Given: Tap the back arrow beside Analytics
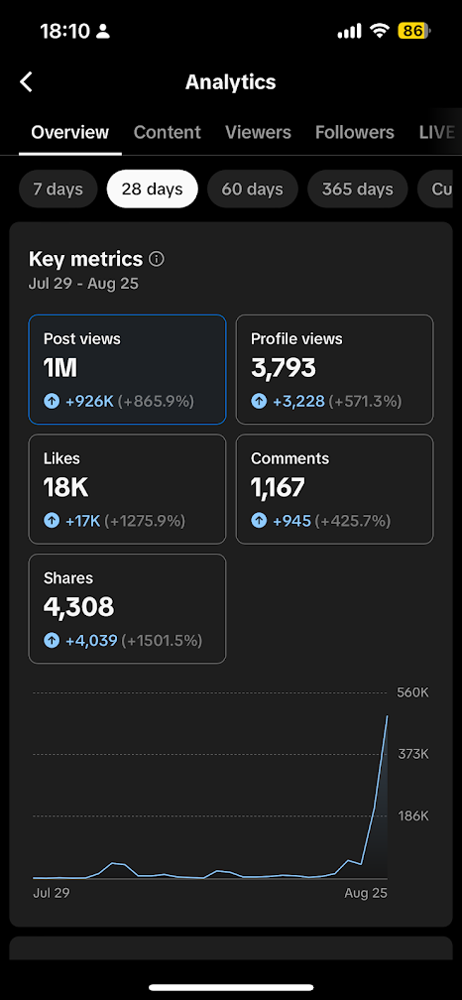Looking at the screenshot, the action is click(x=26, y=82).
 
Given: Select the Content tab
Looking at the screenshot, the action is click(x=167, y=132).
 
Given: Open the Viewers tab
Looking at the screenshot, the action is click(x=258, y=132).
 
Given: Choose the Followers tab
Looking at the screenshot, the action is click(x=354, y=132).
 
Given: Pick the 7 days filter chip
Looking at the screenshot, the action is click(x=58, y=189).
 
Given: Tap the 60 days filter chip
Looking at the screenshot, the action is click(x=253, y=189).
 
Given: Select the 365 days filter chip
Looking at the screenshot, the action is click(x=358, y=189).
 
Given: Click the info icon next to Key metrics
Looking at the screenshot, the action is click(x=156, y=259).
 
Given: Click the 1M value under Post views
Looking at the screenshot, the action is click(x=61, y=369).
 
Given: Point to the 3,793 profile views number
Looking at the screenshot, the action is click(x=284, y=369).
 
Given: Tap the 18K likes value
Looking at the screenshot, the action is click(x=65, y=488).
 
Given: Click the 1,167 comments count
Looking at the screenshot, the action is click(x=278, y=488).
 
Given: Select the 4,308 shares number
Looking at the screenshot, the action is click(x=78, y=607).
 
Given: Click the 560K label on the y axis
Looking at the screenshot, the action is click(x=413, y=692).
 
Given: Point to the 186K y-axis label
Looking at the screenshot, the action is click(x=413, y=815).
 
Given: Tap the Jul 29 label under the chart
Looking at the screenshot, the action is click(x=51, y=893).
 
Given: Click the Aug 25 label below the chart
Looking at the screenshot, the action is click(x=366, y=893).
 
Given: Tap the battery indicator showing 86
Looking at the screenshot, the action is click(x=414, y=31).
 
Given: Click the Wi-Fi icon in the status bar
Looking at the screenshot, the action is click(x=380, y=31).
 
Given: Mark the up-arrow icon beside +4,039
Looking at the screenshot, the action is click(x=52, y=640).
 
